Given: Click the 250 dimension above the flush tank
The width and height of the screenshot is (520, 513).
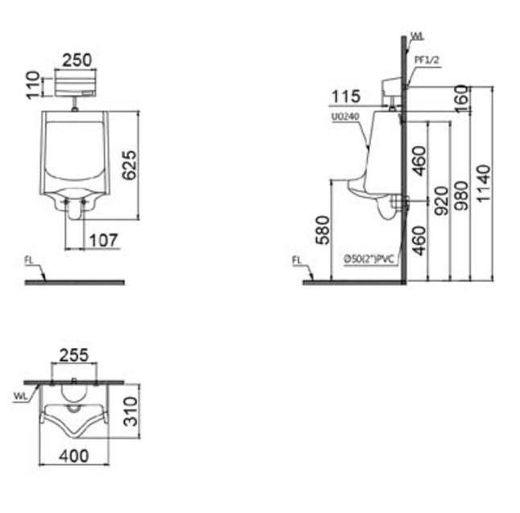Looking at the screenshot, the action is coord(76,60).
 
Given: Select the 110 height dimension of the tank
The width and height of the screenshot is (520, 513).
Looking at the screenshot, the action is coord(33,85).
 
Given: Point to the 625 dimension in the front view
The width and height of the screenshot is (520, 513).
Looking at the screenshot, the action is coord(129,165).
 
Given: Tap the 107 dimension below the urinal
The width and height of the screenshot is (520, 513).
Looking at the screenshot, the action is coord(104,241).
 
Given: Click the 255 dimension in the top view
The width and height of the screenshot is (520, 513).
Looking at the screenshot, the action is coord(74,355).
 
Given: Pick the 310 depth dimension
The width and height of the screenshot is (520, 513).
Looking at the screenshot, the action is coord(130,412).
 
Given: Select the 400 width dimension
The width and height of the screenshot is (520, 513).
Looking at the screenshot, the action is coord(74,456).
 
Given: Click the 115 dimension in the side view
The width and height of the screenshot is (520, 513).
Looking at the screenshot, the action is coord(345,97).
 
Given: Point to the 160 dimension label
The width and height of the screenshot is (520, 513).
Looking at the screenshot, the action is coord(462,98).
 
